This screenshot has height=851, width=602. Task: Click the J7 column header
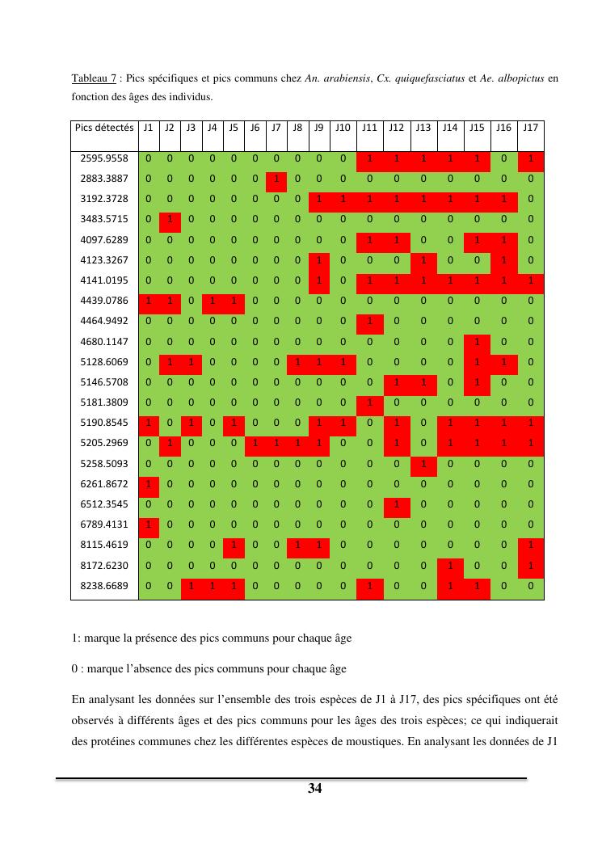pos(276,128)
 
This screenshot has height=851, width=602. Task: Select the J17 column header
pos(531,128)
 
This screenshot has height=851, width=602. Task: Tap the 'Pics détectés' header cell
pos(104,128)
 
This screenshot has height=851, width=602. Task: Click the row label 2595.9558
pos(105,158)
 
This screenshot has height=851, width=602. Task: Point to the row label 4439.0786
pos(105,301)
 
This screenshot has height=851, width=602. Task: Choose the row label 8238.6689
pos(105,585)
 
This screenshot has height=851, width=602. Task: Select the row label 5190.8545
pos(105,423)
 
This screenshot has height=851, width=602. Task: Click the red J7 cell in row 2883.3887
pos(276,179)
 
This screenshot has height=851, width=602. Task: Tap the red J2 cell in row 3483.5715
pos(169,219)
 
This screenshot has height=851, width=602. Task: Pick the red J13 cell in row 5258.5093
pos(423,463)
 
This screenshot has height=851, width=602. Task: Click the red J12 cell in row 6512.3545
pos(396,503)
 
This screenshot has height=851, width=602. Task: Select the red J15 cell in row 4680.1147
pos(477,341)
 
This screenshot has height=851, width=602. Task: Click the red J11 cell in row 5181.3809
pos(369,402)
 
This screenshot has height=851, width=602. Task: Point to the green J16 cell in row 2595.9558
pos(504,158)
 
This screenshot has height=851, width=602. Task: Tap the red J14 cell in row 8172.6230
pos(450,565)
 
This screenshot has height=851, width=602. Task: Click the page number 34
pos(315,789)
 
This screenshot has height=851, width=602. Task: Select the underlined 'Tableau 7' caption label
pos(95,78)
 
